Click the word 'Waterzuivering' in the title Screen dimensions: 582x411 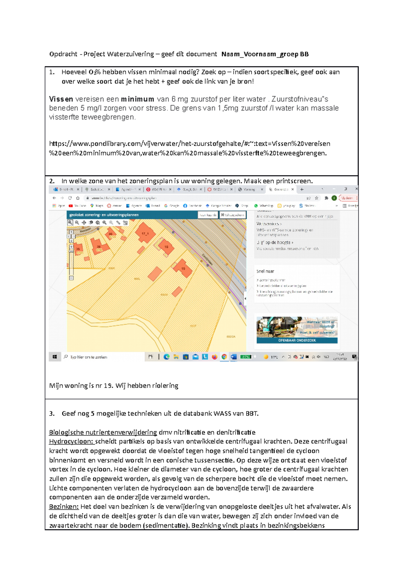click(130, 54)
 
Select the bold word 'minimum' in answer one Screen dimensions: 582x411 click(137, 99)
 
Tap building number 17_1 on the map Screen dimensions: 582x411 click(145, 234)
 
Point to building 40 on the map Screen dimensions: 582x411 click(111, 234)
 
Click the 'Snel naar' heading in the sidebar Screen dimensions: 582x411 click(265, 271)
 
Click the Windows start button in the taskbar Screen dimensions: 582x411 click(55, 357)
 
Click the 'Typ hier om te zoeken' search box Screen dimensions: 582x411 click(88, 357)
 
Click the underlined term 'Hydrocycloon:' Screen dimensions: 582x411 click(71, 441)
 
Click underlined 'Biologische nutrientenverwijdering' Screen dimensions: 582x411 click(103, 432)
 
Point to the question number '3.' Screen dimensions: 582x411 click(52, 414)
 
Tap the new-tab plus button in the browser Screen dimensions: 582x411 click(302, 189)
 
